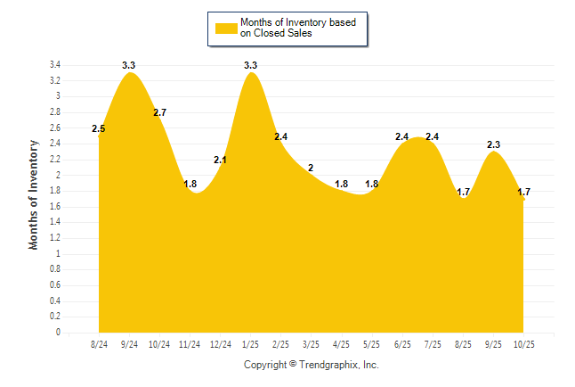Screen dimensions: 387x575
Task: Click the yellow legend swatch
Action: pyautogui.click(x=226, y=28)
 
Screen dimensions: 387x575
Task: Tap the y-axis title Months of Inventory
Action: pyautogui.click(x=34, y=194)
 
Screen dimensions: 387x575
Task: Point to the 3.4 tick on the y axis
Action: pyautogui.click(x=54, y=65)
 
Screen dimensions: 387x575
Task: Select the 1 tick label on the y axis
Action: pyautogui.click(x=58, y=254)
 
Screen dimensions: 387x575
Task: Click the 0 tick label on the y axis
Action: pyautogui.click(x=58, y=333)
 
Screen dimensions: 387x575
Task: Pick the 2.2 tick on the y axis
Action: pyautogui.click(x=54, y=160)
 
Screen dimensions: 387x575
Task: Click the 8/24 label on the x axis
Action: pyautogui.click(x=100, y=344)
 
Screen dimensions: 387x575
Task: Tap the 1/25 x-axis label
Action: pyautogui.click(x=251, y=344)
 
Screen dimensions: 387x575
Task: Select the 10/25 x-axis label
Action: pyautogui.click(x=523, y=344)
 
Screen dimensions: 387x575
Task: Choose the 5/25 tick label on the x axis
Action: pyautogui.click(x=372, y=344)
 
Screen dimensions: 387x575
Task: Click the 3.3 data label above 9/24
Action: pyautogui.click(x=129, y=65)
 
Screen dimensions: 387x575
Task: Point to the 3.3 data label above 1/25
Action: pyautogui.click(x=251, y=65)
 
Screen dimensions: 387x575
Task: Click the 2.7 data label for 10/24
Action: pyautogui.click(x=160, y=112)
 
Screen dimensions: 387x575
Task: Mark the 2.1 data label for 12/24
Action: pyautogui.click(x=221, y=160)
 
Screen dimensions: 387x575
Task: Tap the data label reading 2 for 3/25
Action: pyautogui.click(x=311, y=168)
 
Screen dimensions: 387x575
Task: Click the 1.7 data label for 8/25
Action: pyautogui.click(x=463, y=192)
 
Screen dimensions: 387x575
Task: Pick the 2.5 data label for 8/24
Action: pyautogui.click(x=99, y=129)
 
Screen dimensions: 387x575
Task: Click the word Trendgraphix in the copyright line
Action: pyautogui.click(x=328, y=365)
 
